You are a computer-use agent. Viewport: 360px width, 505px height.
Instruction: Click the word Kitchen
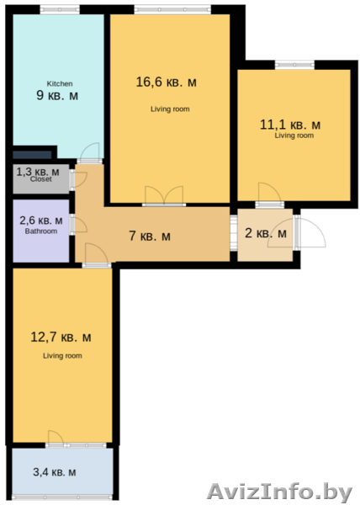(x=60, y=83)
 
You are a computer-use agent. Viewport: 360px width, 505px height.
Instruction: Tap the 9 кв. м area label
(x=57, y=96)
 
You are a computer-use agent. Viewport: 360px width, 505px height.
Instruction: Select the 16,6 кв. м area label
(x=166, y=82)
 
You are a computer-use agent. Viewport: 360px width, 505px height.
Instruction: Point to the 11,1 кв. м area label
(x=290, y=125)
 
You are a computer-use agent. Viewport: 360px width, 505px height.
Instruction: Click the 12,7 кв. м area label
(x=61, y=338)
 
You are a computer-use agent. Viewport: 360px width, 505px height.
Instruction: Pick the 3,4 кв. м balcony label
(x=55, y=472)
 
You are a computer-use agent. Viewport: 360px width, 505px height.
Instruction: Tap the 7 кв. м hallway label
(x=150, y=236)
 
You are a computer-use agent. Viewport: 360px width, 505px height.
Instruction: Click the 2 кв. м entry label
(x=266, y=233)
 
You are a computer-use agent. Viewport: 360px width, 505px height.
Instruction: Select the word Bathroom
(x=41, y=231)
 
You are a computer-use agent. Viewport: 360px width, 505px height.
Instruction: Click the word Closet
(x=41, y=179)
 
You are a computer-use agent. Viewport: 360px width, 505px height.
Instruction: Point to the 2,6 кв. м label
(x=41, y=221)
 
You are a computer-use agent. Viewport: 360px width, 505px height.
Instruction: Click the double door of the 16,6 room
(x=164, y=195)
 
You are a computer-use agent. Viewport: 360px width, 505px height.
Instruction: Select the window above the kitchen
(x=60, y=9)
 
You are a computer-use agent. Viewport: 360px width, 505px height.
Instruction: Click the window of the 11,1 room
(x=294, y=65)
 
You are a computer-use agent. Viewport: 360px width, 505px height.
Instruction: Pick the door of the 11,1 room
(x=270, y=195)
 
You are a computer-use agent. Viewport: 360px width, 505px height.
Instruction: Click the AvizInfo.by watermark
(x=279, y=492)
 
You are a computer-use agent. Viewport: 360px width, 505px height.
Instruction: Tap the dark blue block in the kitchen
(x=32, y=155)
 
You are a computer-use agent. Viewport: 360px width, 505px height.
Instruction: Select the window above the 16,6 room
(x=172, y=9)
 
